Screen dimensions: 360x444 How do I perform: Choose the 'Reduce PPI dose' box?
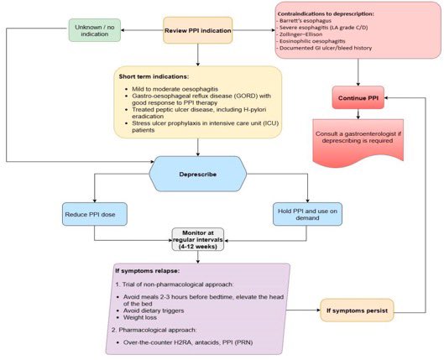coord(94,214)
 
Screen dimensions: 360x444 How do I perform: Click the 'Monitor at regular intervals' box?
coord(199,240)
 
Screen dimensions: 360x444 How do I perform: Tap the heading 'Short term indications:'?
coord(154,77)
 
